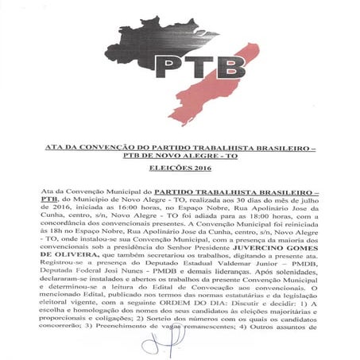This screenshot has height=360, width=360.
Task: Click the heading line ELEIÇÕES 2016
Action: coord(180,168)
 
